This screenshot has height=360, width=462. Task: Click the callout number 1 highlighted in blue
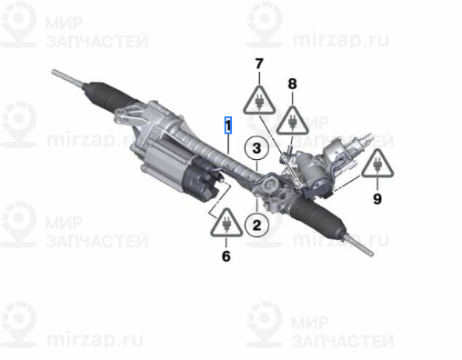click(228, 125)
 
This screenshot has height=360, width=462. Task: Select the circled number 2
click(256, 225)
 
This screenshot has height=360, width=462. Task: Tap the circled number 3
click(256, 148)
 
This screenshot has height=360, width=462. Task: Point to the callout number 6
click(226, 256)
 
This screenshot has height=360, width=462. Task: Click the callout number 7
click(259, 64)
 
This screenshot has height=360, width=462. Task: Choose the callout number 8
click(292, 84)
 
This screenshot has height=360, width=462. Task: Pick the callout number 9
click(377, 199)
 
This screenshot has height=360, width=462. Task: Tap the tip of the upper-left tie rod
click(54, 72)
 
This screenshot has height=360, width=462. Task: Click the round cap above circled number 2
click(269, 185)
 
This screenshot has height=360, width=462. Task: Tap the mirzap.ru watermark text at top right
click(341, 39)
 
